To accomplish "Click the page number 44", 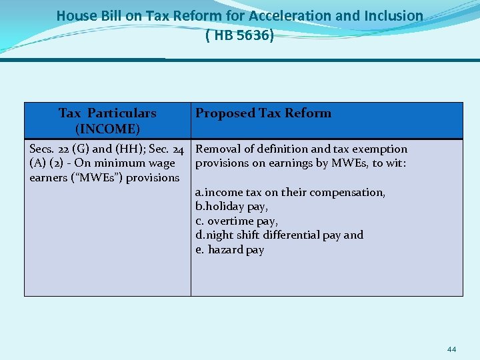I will tap(451, 349).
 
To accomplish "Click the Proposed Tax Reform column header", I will tap(263, 113).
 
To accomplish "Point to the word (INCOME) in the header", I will tap(107, 127).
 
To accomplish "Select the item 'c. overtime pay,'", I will tap(237, 221).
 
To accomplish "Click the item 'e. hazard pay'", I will tap(229, 250).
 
